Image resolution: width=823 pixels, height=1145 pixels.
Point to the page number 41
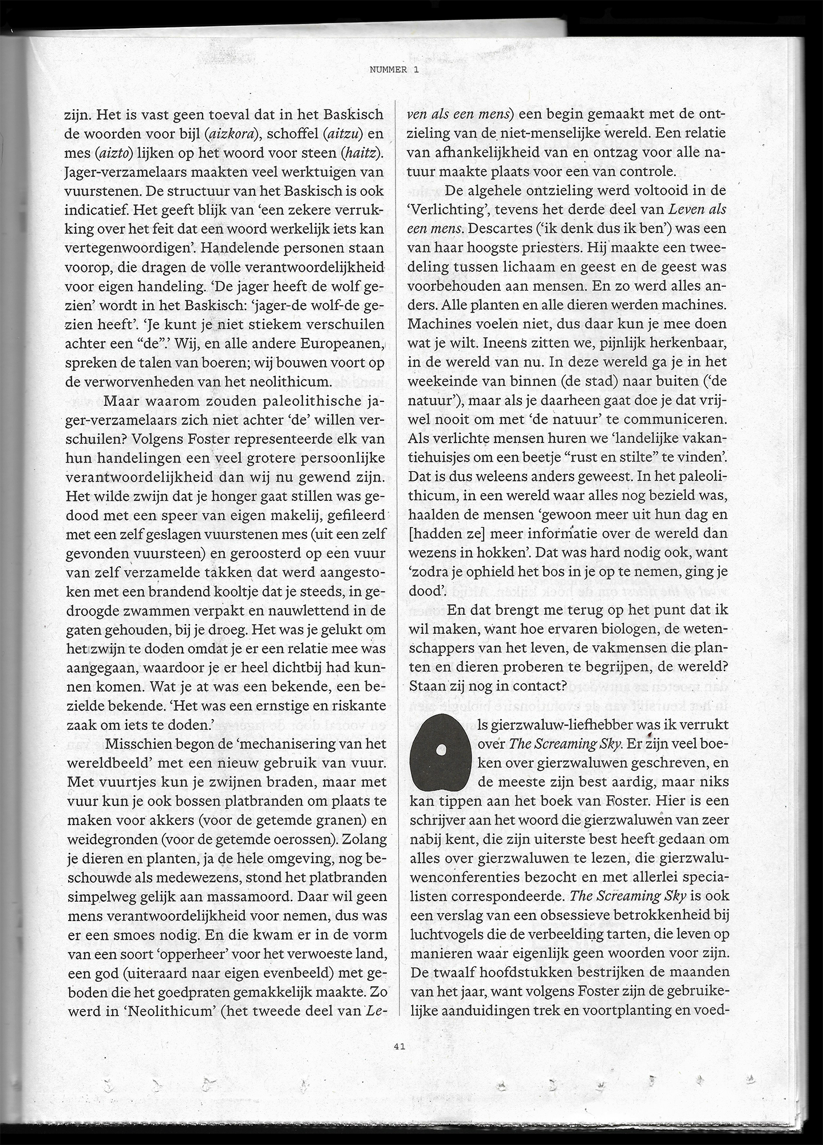pos(399,1046)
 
